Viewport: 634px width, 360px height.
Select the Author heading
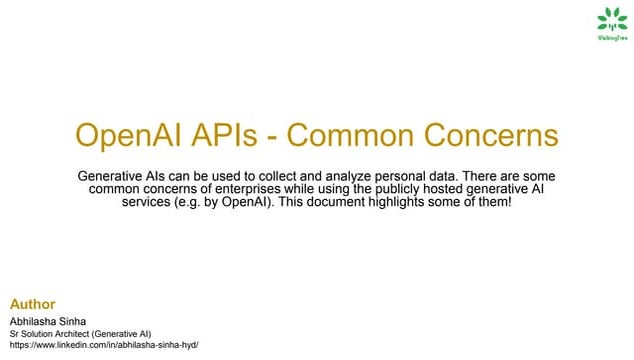pyautogui.click(x=31, y=303)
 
